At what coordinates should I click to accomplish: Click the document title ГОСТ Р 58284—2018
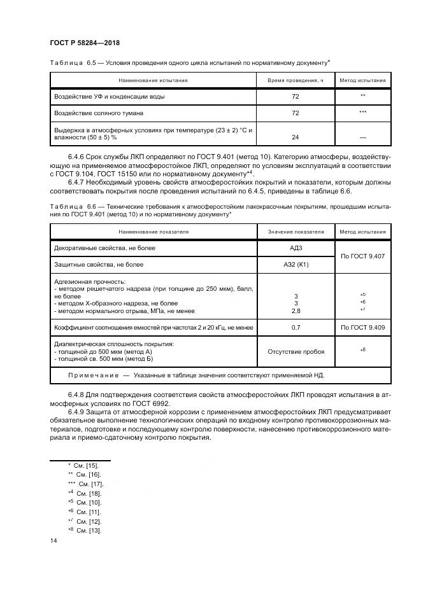[85, 43]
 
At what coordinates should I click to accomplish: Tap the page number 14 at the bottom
[54, 540]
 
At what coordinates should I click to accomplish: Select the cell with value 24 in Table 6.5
[295, 137]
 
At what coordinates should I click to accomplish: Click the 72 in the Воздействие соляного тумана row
[295, 113]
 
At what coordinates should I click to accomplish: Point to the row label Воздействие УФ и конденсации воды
[110, 96]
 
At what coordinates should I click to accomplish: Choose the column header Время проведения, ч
[295, 80]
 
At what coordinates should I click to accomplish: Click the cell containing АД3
[295, 248]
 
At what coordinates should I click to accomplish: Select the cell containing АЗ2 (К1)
[295, 264]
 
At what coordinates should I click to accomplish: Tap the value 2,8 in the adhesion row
[295, 311]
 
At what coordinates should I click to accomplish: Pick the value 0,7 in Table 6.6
[295, 327]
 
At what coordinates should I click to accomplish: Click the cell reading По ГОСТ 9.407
[362, 256]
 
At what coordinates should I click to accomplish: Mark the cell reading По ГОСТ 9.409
[362, 327]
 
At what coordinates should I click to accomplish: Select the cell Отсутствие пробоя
[295, 351]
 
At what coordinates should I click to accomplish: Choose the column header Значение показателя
[295, 232]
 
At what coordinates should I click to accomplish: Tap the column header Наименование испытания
[153, 80]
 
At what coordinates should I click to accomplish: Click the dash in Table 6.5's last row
[362, 137]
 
